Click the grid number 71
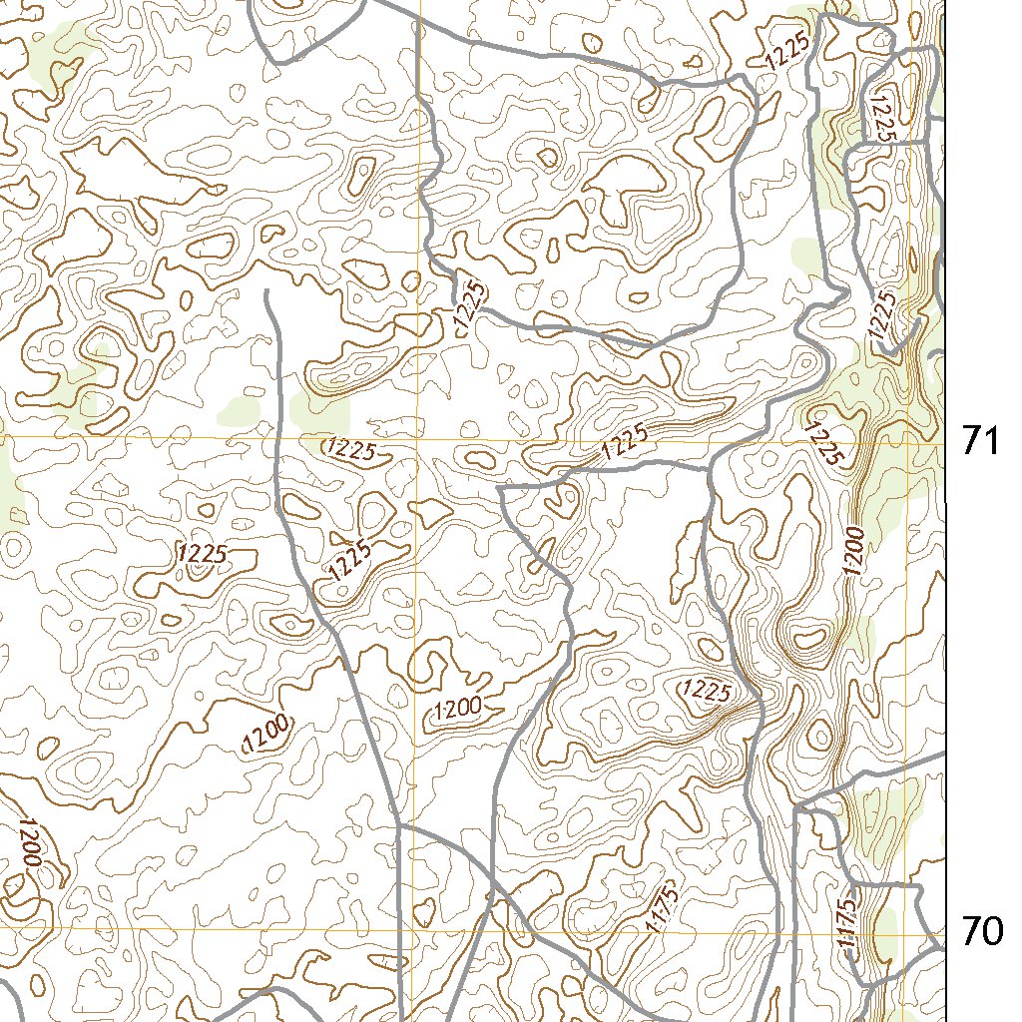[981, 440]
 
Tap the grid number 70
[981, 931]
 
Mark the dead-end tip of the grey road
[267, 292]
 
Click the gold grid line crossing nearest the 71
[910, 441]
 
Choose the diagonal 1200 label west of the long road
[266, 733]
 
